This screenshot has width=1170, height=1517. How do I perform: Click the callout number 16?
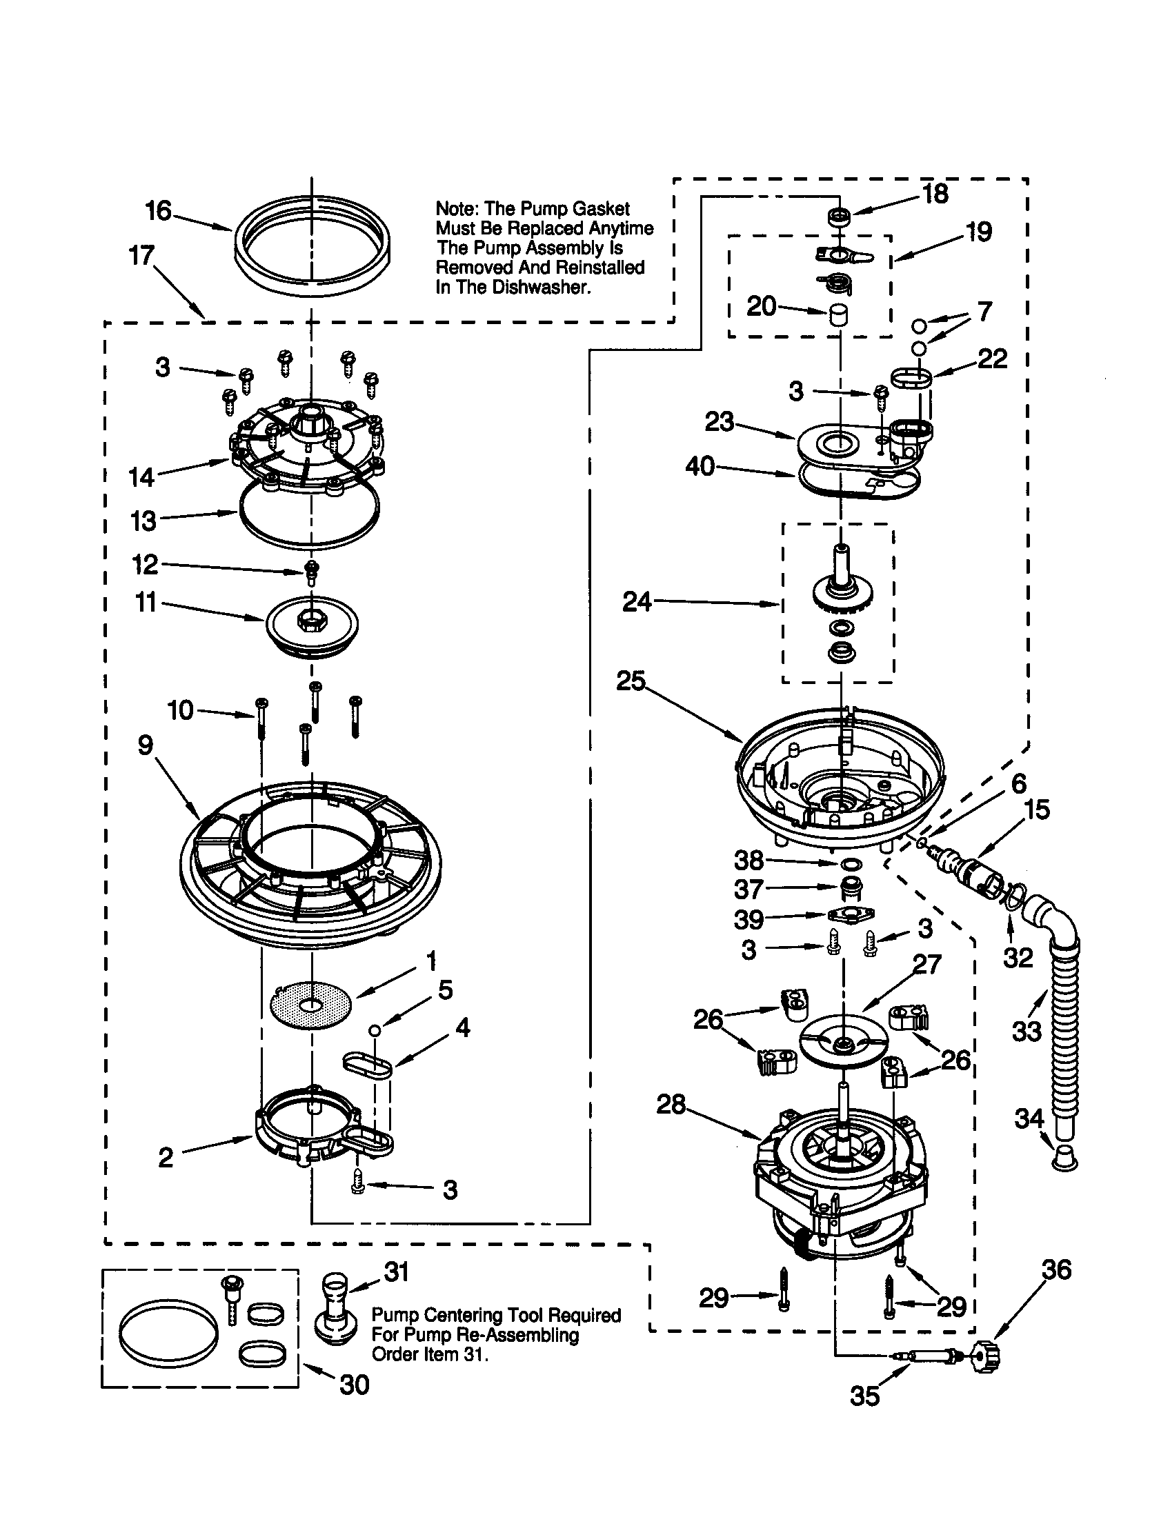[159, 210]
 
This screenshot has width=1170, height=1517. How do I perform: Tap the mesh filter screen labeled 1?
[310, 1004]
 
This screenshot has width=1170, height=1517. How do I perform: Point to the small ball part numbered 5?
[375, 1029]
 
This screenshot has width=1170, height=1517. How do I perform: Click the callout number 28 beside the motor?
[671, 1105]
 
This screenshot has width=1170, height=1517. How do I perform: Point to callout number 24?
[637, 602]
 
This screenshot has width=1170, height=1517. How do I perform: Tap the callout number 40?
[700, 466]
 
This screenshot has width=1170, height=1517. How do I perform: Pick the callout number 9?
[145, 745]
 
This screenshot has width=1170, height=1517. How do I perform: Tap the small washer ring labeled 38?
[850, 863]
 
